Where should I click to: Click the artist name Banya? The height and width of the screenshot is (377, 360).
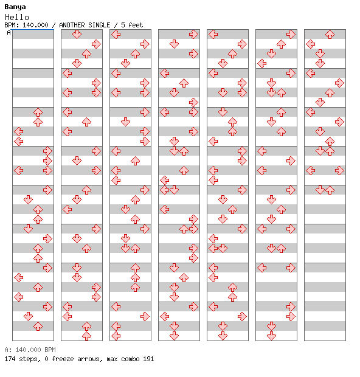(x=15, y=7)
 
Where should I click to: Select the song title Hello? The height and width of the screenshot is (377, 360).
(x=17, y=17)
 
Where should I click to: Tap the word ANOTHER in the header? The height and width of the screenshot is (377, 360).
(x=72, y=25)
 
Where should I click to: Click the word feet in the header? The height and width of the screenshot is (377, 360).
(x=136, y=25)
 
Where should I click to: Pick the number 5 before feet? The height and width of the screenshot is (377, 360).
(x=123, y=25)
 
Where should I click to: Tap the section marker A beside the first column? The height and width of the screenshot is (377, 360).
(x=9, y=32)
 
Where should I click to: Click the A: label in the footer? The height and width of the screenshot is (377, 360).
(x=8, y=350)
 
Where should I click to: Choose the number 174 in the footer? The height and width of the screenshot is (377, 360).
(x=10, y=359)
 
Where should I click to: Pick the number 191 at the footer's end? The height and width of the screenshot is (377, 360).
(x=148, y=359)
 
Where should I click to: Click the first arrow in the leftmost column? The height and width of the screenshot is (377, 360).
(x=38, y=112)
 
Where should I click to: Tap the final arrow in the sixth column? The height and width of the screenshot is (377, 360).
(x=271, y=336)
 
